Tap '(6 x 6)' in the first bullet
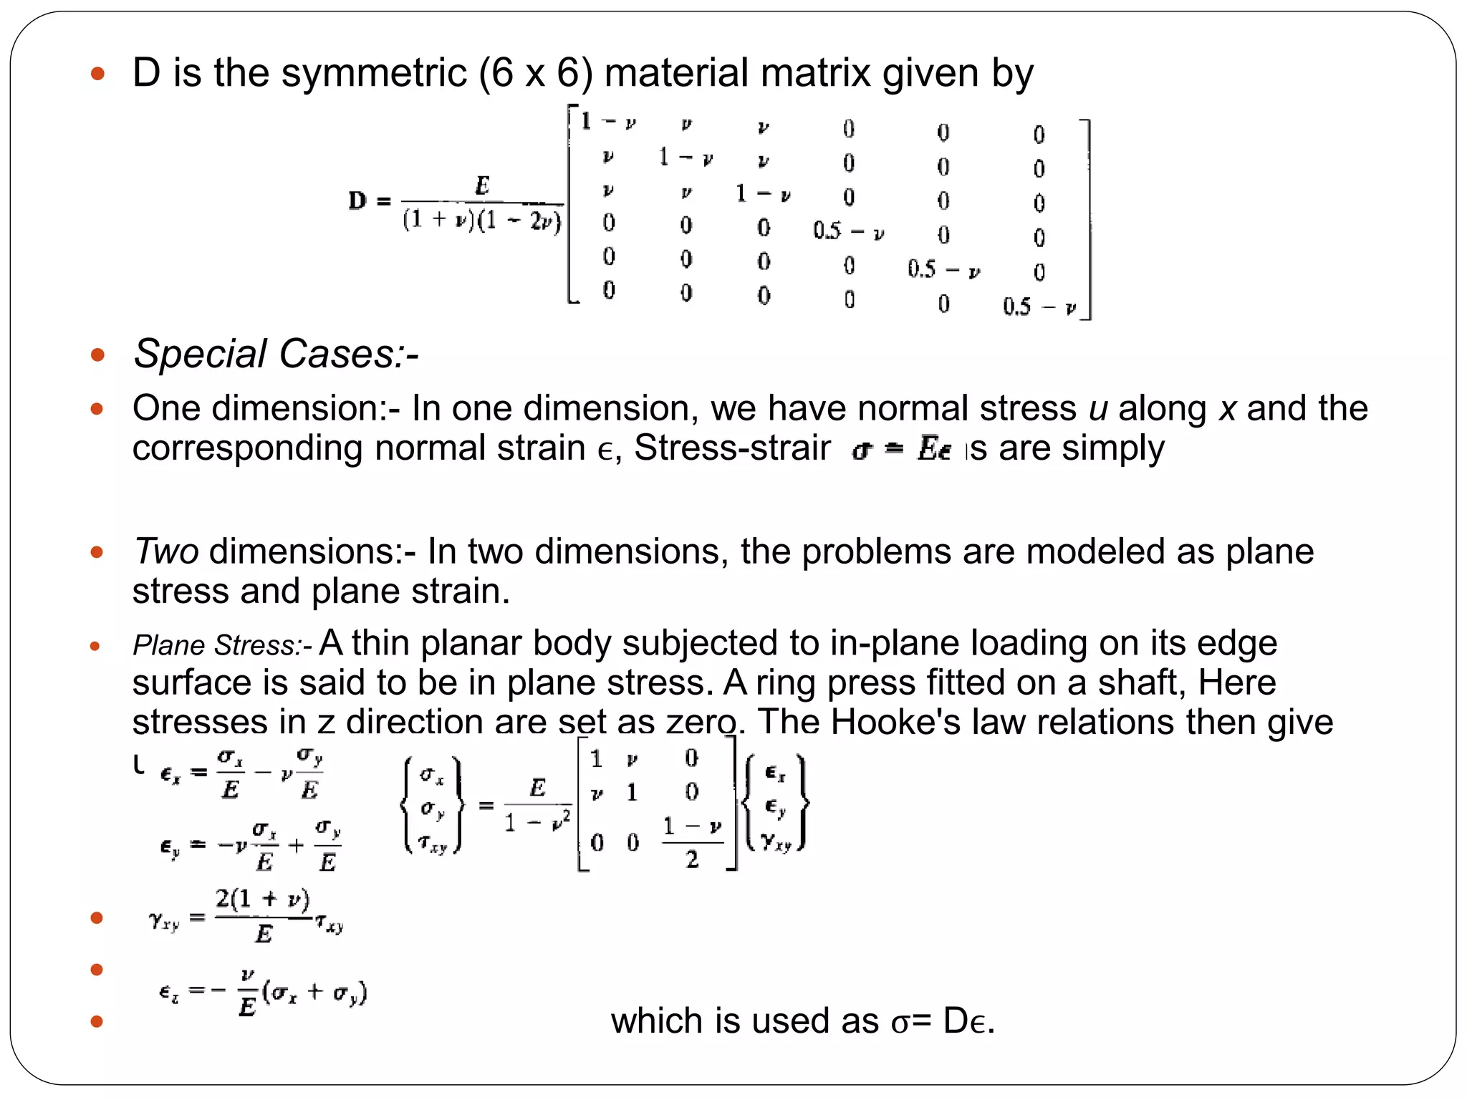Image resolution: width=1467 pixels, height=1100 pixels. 536,74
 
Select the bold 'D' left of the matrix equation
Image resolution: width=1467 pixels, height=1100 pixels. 357,201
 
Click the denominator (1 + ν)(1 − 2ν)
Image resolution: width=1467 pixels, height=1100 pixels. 482,220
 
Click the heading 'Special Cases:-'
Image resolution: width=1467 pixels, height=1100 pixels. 276,354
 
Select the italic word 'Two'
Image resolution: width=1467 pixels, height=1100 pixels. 166,552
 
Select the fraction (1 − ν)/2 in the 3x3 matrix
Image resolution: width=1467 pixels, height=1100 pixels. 692,843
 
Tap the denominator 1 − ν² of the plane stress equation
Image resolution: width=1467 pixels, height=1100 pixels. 537,822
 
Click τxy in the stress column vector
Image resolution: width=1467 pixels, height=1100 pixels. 433,844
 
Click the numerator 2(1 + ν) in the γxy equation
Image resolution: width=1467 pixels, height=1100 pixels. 263,899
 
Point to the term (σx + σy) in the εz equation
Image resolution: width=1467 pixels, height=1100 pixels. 314,994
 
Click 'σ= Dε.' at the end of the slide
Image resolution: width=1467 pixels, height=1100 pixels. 943,1021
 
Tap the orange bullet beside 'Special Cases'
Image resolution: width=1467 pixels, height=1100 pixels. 97,354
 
